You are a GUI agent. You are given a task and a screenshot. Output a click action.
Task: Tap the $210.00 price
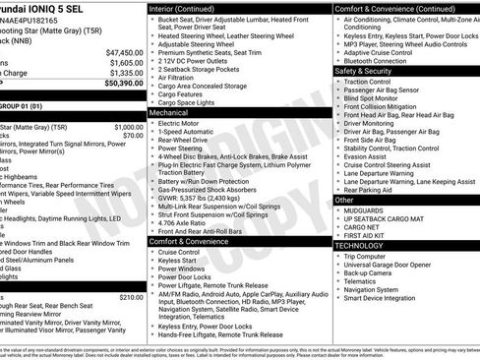[x=131, y=296]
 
